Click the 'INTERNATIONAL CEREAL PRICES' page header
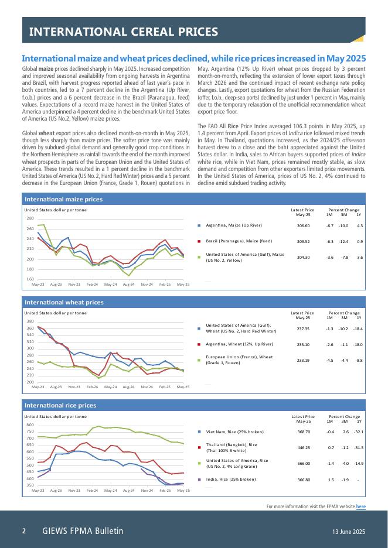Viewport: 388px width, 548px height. tap(124, 32)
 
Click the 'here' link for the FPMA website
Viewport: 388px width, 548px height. tap(360, 506)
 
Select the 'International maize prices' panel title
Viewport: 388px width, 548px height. tap(63, 200)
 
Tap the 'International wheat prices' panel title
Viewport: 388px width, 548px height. tap(63, 303)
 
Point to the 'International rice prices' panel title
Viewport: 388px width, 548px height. tap(60, 405)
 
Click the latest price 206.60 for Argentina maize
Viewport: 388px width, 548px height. tap(303, 225)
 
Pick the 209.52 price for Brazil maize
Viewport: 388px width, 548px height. tap(303, 241)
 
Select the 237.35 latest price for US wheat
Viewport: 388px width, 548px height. tap(303, 328)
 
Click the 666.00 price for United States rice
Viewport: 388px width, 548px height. tap(303, 463)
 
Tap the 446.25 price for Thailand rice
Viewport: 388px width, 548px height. tap(303, 448)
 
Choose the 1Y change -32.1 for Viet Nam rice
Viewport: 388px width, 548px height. tap(359, 432)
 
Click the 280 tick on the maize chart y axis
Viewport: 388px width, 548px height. tap(30, 218)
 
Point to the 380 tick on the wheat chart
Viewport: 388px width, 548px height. tap(30, 321)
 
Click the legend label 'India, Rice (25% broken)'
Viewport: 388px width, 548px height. tap(231, 479)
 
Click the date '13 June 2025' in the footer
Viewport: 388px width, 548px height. tap(348, 532)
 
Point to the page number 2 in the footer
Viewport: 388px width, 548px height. tap(24, 531)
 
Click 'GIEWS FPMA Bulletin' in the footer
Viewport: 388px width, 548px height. tap(83, 531)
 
